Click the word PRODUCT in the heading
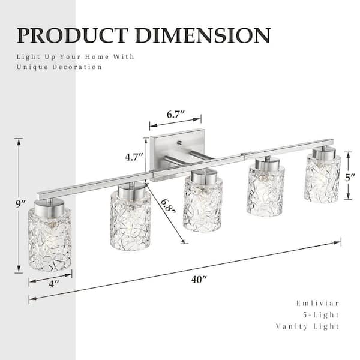pos(73,35)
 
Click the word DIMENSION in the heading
pos(203,35)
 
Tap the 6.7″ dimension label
pos(176,115)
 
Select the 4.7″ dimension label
pos(134,157)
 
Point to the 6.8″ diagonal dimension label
pos(168,206)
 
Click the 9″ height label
pos(20,204)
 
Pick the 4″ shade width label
pos(54,284)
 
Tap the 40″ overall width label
pos(199,280)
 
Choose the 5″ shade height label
pos(350,178)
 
